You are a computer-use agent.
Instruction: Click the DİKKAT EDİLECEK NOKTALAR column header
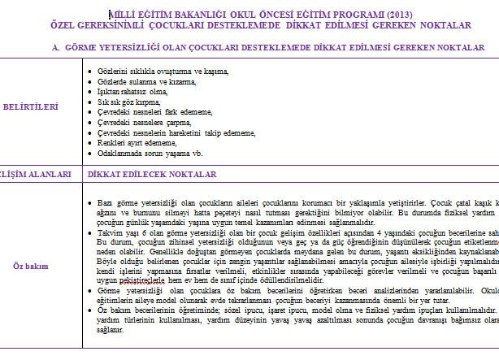click(150, 174)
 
